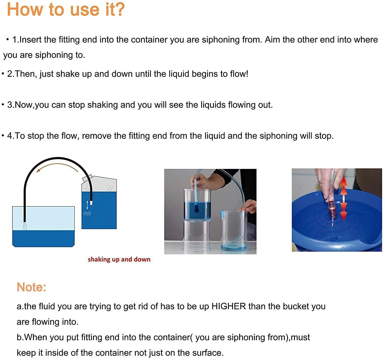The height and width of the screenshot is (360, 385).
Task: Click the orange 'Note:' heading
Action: [31, 287]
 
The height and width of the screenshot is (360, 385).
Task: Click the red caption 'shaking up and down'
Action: [119, 259]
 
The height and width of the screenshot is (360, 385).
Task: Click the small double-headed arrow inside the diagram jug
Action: [87, 205]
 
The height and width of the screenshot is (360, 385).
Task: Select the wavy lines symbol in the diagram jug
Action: [87, 213]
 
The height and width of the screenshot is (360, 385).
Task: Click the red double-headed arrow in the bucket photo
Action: [343, 199]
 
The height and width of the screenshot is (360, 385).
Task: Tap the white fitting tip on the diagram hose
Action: [91, 203]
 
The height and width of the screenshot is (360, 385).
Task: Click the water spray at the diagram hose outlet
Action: [25, 226]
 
